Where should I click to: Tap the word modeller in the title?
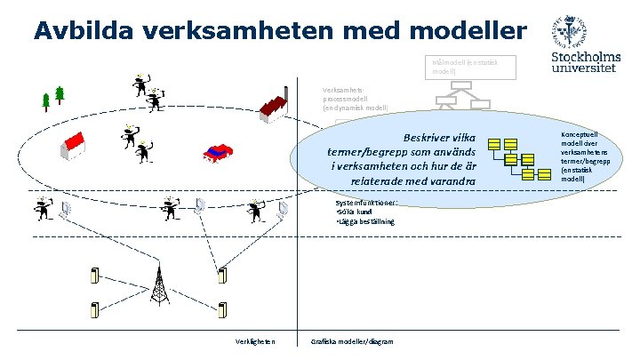[x=468, y=30]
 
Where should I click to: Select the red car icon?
[x=218, y=151]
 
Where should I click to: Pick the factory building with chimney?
[x=276, y=104]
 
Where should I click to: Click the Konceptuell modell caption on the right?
[x=584, y=156]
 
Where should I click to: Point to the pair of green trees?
[x=52, y=97]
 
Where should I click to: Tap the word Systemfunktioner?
[x=359, y=203]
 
